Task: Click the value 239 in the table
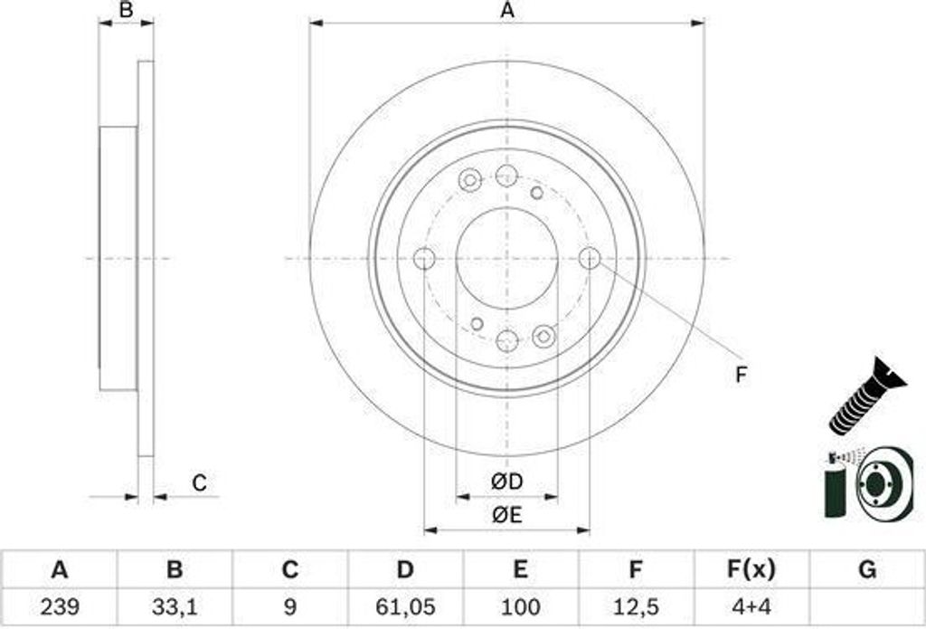pos(60,605)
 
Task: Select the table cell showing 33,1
pos(175,605)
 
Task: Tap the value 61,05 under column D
pos(405,605)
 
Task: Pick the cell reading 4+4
pos(751,605)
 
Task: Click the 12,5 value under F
pos(636,605)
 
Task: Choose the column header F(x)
pos(751,569)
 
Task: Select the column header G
pos(866,569)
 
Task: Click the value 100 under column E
pos(520,605)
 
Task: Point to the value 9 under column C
pos(289,605)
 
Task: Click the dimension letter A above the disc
pos(507,11)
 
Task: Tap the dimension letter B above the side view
pos(127,11)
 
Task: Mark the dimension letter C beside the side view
pos(199,483)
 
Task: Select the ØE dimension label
pos(507,516)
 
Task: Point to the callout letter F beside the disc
pos(742,375)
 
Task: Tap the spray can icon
pos(837,484)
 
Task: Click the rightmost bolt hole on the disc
pos(590,258)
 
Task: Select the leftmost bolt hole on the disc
pos(424,259)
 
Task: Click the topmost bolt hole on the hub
pos(506,176)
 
